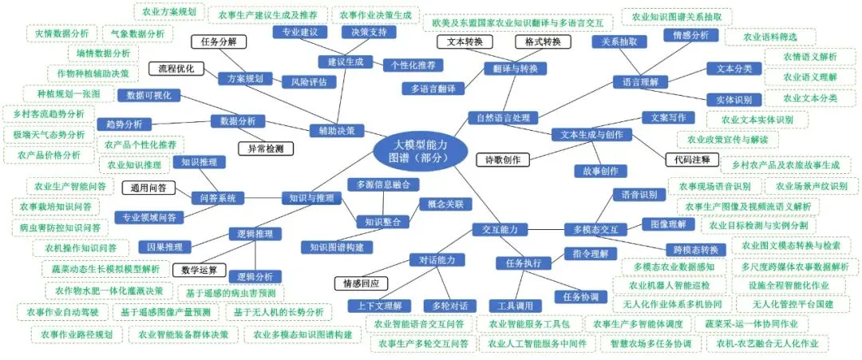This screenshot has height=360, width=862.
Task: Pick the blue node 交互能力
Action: [500, 229]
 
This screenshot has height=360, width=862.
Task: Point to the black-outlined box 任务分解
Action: [218, 42]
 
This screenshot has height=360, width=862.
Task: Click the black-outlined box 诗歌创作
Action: [502, 160]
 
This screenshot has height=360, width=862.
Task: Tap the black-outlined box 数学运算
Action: [199, 269]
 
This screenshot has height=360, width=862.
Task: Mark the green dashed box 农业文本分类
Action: [809, 98]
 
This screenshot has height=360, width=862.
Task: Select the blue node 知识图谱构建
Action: [337, 247]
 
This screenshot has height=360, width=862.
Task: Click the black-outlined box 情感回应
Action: [360, 283]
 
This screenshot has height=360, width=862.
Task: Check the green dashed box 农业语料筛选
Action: [769, 37]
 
